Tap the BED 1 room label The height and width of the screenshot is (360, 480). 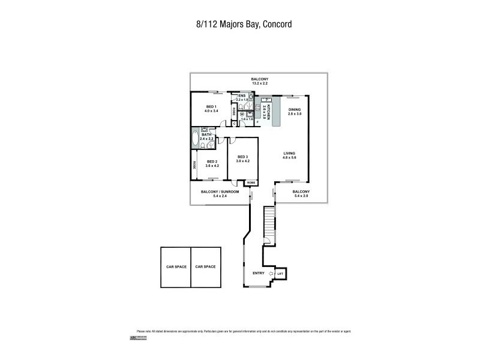211,106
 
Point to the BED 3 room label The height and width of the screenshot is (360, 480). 243,157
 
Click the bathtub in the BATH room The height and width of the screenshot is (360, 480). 196,139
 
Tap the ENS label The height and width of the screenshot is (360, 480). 242,95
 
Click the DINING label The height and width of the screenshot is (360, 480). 294,109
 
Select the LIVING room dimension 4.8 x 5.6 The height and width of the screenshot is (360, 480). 290,158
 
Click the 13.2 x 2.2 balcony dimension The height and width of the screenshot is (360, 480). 260,84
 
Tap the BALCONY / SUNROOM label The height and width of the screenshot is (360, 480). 220,191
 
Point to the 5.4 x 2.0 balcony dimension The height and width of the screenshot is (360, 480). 301,196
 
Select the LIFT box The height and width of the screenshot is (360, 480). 280,274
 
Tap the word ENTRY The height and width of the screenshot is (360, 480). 259,274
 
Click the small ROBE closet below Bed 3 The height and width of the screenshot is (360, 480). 251,182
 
